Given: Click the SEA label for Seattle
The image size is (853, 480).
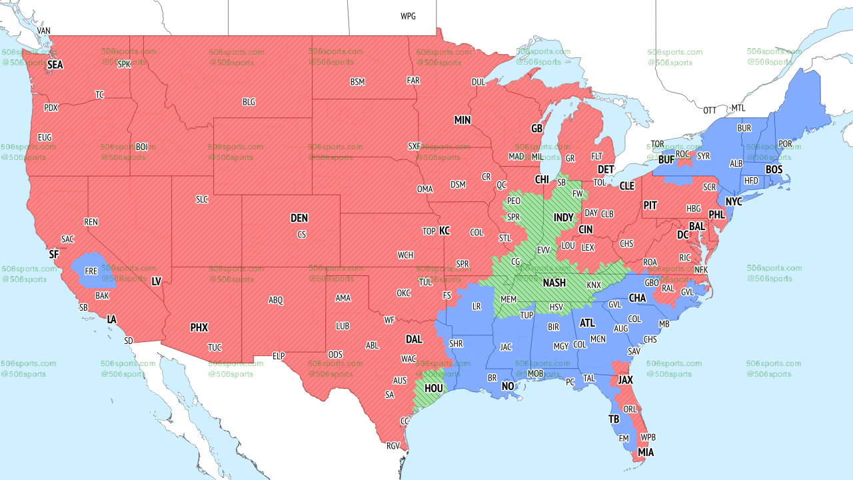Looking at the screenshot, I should click(55, 65).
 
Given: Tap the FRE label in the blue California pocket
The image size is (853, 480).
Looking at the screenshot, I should click(91, 271).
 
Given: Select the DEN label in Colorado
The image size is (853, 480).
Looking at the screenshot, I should click(299, 218).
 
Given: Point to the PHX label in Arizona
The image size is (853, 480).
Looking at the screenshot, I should click(199, 327).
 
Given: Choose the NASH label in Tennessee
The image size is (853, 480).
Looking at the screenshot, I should click(554, 283).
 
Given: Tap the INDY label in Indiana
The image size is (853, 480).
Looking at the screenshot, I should click(563, 218).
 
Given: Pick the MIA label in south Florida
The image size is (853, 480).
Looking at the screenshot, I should click(646, 452).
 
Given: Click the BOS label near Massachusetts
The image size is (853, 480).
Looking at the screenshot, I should click(774, 170).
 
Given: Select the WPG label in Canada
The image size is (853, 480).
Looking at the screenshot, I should click(408, 16).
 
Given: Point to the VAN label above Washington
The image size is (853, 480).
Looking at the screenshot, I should click(44, 31).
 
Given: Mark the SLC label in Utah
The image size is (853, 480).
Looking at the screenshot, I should click(202, 199).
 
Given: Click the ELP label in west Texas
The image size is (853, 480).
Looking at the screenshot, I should click(279, 356).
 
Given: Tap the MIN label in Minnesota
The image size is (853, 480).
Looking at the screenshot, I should click(462, 120).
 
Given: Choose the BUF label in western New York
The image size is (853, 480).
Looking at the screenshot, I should click(666, 160).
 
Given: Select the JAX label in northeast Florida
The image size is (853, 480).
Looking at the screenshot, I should click(625, 379).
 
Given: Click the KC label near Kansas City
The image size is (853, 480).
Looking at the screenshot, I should click(444, 231).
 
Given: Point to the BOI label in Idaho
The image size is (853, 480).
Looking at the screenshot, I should click(141, 147).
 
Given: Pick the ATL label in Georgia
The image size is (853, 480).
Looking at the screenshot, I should click(587, 323).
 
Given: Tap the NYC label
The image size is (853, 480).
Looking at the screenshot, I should click(734, 201).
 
